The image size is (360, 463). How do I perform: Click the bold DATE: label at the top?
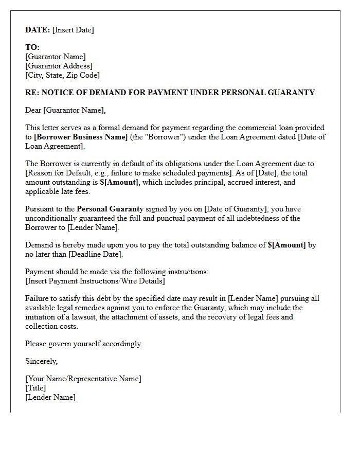[x=38, y=30]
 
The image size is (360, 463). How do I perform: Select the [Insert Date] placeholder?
[x=73, y=30]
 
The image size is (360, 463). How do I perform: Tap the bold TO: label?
[x=32, y=47]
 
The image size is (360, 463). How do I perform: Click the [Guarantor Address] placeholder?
[x=59, y=66]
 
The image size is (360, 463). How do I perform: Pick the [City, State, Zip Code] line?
[x=62, y=75]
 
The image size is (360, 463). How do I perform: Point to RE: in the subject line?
[x=32, y=93]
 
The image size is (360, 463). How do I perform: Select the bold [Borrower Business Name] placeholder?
[x=81, y=137]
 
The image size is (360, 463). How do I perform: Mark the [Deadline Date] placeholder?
[x=96, y=254]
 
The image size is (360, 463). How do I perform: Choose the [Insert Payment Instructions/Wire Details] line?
[x=95, y=281]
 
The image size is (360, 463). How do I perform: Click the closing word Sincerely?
[x=41, y=361]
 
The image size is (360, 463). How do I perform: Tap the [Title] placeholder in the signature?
[x=35, y=388]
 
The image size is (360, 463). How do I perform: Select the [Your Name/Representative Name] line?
[x=83, y=379]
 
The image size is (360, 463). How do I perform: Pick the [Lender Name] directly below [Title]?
[x=50, y=397]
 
